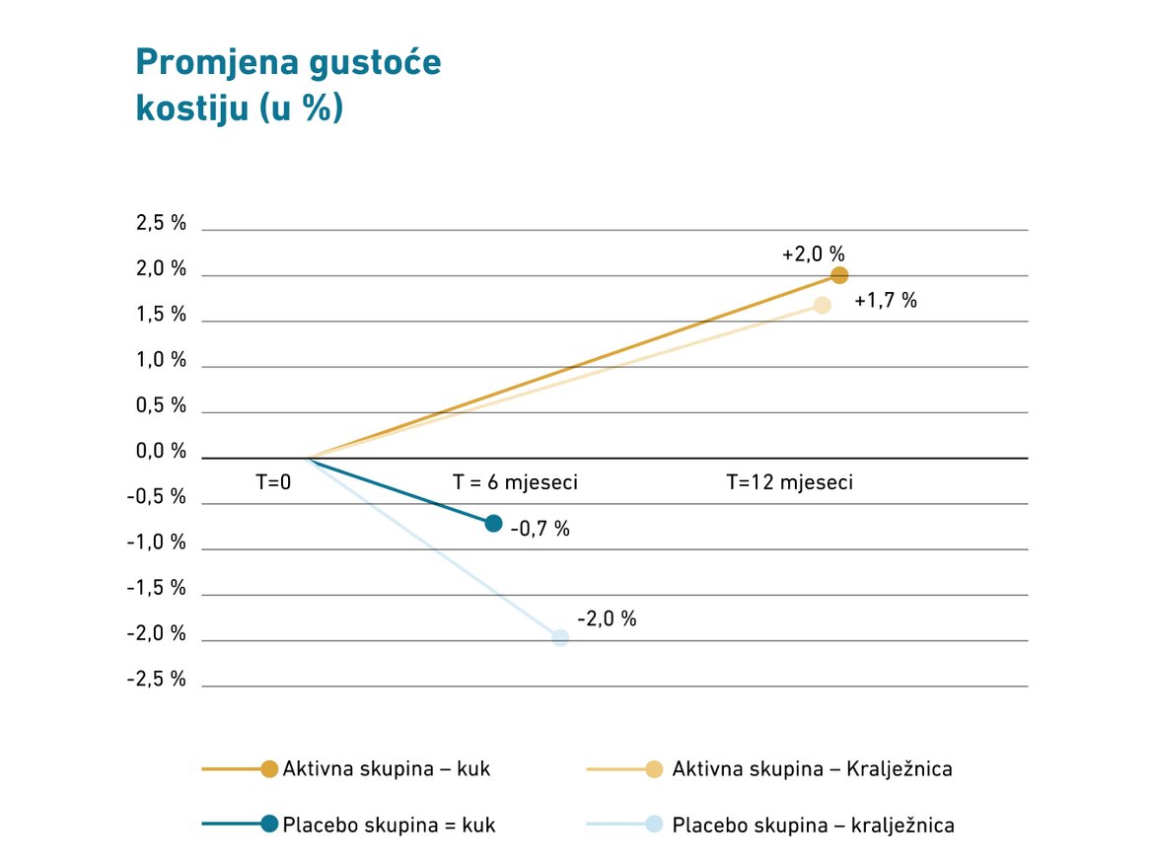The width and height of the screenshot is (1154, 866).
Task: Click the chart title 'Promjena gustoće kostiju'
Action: (x=287, y=85)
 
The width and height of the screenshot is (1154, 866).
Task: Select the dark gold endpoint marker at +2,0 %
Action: (x=839, y=275)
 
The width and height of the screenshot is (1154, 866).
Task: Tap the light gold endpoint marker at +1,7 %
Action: (x=822, y=305)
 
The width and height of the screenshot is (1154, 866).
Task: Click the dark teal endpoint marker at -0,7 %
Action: (x=494, y=523)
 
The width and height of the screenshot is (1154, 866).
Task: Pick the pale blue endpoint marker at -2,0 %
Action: (x=560, y=637)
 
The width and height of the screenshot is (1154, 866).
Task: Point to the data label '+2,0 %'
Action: (x=814, y=253)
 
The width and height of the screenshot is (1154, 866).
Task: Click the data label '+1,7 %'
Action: (x=886, y=301)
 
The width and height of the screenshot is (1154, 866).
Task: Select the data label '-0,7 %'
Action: (x=541, y=529)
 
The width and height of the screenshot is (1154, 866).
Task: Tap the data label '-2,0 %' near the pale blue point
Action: (x=607, y=618)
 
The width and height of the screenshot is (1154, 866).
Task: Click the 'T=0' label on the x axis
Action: (x=274, y=483)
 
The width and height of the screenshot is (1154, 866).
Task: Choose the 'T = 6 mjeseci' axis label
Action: (x=515, y=483)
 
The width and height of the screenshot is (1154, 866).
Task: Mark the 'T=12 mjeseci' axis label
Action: (x=789, y=483)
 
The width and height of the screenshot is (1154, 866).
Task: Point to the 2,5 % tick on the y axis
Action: (x=161, y=223)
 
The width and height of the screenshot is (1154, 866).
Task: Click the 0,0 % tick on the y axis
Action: (x=161, y=452)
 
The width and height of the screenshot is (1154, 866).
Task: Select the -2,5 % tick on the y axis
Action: (x=157, y=680)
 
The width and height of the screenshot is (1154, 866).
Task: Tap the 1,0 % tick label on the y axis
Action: (x=161, y=360)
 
